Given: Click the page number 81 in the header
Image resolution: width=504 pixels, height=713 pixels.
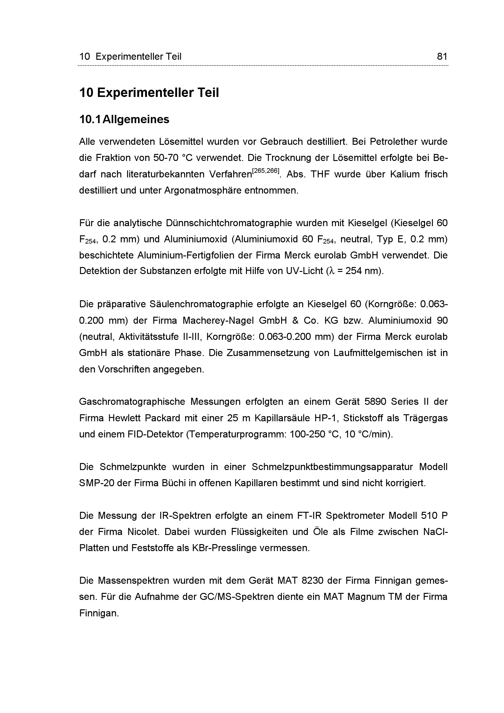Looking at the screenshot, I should tap(442, 56).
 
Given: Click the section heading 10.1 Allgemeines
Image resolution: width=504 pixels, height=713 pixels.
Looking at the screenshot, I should tap(124, 119).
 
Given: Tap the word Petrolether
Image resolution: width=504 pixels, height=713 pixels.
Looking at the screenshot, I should tap(393, 142).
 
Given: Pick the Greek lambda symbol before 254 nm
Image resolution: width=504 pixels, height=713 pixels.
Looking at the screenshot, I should tap(331, 271).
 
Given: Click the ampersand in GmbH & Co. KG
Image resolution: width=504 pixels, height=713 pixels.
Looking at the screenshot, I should tap(295, 320).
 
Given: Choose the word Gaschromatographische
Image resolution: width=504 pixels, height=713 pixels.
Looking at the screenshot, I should tap(132, 402).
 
